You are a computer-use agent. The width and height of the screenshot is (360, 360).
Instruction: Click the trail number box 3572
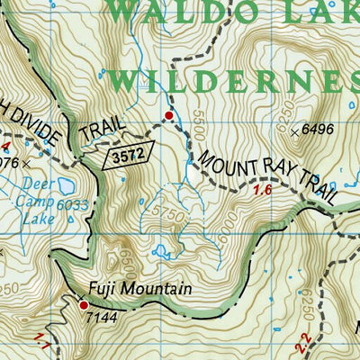pos(128,158)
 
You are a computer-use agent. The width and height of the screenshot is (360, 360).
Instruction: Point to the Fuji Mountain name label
pos(139,290)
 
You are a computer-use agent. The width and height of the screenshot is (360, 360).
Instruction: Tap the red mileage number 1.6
pos(263,191)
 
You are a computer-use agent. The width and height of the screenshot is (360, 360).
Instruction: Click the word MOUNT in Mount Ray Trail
pos(224,154)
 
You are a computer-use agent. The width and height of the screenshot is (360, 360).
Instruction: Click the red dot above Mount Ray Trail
pos(168,116)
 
